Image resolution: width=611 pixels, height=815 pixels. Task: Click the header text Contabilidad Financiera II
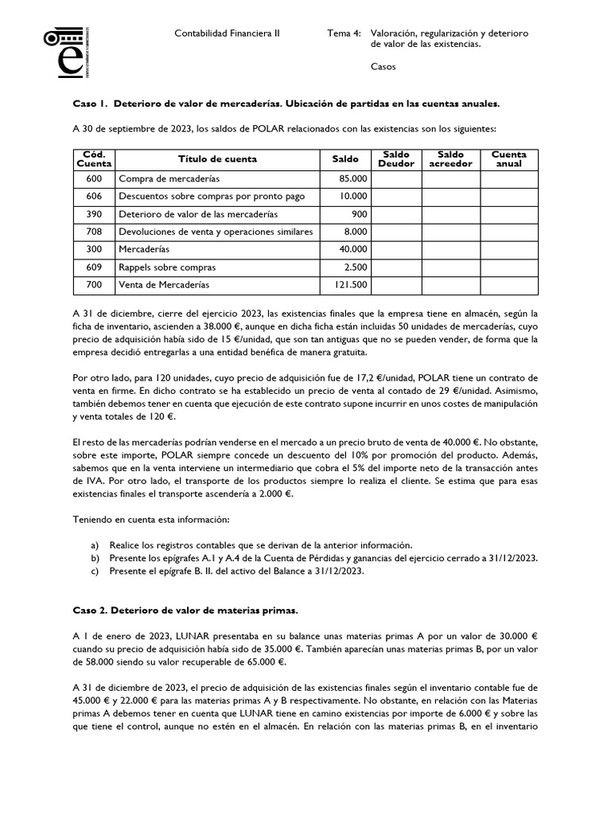tap(227, 33)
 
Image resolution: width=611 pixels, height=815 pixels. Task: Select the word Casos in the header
tap(383, 67)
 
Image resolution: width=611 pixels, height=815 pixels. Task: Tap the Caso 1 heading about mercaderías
tap(286, 104)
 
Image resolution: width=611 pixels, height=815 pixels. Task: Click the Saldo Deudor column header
tap(396, 159)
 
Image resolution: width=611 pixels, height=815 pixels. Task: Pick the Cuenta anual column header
tap(509, 159)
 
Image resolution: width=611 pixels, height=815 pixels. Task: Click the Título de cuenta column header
tap(217, 159)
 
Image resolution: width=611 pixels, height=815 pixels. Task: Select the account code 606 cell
tap(94, 196)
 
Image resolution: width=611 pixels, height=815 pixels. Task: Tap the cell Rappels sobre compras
tap(167, 267)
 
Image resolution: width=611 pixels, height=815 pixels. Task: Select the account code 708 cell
tap(94, 232)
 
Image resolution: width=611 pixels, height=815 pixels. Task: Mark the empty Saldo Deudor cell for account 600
tap(396, 178)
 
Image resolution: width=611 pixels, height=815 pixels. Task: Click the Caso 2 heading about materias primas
tap(185, 610)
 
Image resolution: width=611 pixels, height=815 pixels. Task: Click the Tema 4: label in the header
tap(344, 33)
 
